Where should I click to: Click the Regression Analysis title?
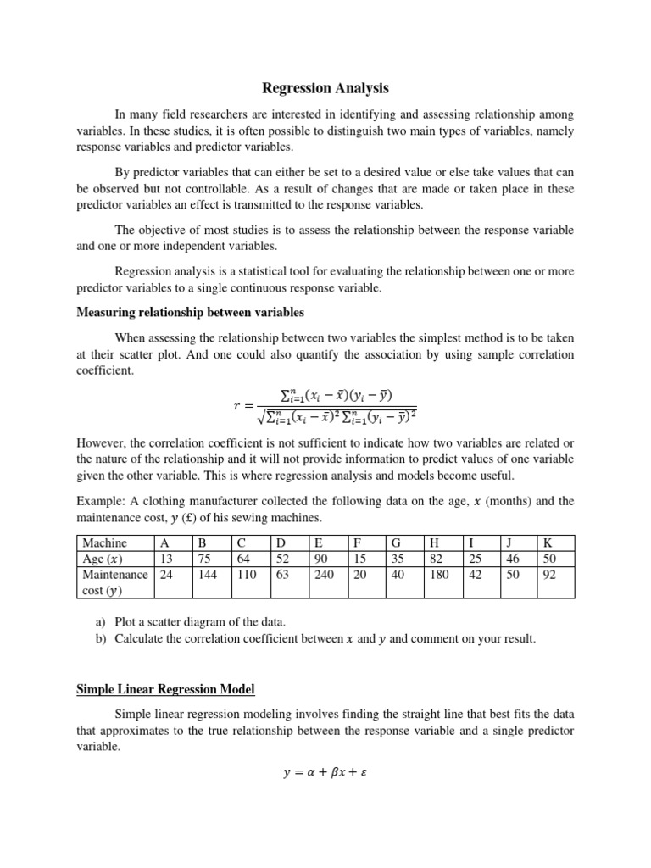pos(325,87)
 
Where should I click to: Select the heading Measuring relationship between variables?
pos(190,313)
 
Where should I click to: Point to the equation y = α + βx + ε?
pos(325,772)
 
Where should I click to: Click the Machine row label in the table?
pos(104,542)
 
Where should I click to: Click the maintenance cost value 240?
pos(324,574)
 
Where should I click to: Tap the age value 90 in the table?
pos(320,559)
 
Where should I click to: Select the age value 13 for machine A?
pos(165,559)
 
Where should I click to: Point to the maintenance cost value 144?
pos(207,574)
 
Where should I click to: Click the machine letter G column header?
pos(396,542)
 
